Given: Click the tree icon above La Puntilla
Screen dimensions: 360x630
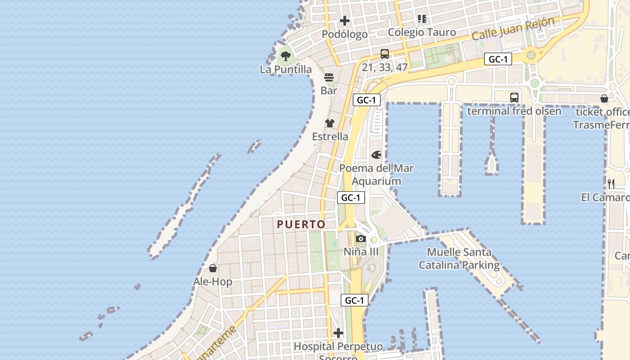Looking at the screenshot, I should click(x=285, y=56).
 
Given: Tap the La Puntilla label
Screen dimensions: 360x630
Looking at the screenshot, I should click(x=286, y=69).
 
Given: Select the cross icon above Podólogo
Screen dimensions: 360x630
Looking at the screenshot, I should click(x=345, y=21).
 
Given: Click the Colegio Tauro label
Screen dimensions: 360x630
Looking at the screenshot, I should click(x=422, y=32).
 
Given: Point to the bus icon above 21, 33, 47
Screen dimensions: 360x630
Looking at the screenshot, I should click(x=385, y=54).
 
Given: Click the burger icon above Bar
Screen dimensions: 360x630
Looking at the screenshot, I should click(x=329, y=77).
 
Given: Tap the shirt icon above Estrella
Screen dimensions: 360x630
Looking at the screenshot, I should click(x=330, y=123).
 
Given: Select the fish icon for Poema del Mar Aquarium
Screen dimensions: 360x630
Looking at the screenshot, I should click(x=376, y=155).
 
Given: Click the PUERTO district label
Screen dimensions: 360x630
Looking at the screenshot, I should click(x=301, y=224).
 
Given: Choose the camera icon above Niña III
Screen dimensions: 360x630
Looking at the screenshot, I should click(x=361, y=238).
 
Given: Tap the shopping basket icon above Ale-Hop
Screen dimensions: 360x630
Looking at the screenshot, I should click(x=213, y=269).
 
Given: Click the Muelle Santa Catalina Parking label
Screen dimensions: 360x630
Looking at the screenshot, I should click(x=459, y=259).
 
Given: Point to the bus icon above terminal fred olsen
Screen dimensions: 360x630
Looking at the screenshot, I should click(x=514, y=97).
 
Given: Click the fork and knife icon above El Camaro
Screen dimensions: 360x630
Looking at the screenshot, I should click(x=611, y=184).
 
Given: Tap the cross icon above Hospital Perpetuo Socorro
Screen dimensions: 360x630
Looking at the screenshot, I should click(x=338, y=333).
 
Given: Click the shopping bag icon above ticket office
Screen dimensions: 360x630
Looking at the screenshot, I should click(x=604, y=99).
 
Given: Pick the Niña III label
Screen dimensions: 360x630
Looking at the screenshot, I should click(x=361, y=252).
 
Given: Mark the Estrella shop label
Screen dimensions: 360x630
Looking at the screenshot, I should click(x=330, y=136).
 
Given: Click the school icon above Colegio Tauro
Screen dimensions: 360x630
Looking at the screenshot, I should click(x=422, y=19).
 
